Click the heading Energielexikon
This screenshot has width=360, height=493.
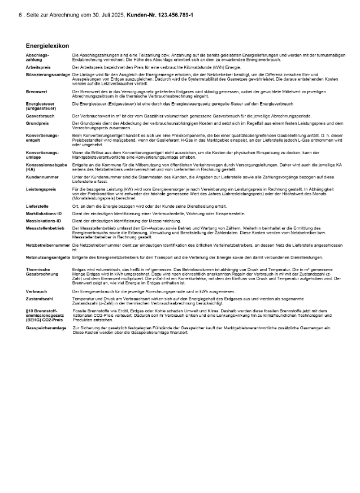[x=47, y=45]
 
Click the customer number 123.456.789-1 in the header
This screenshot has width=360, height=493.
[x=170, y=14]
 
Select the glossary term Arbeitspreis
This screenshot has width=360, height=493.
[x=38, y=67]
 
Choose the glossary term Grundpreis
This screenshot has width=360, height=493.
[x=38, y=123]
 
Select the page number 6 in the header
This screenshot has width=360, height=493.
[x=20, y=14]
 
